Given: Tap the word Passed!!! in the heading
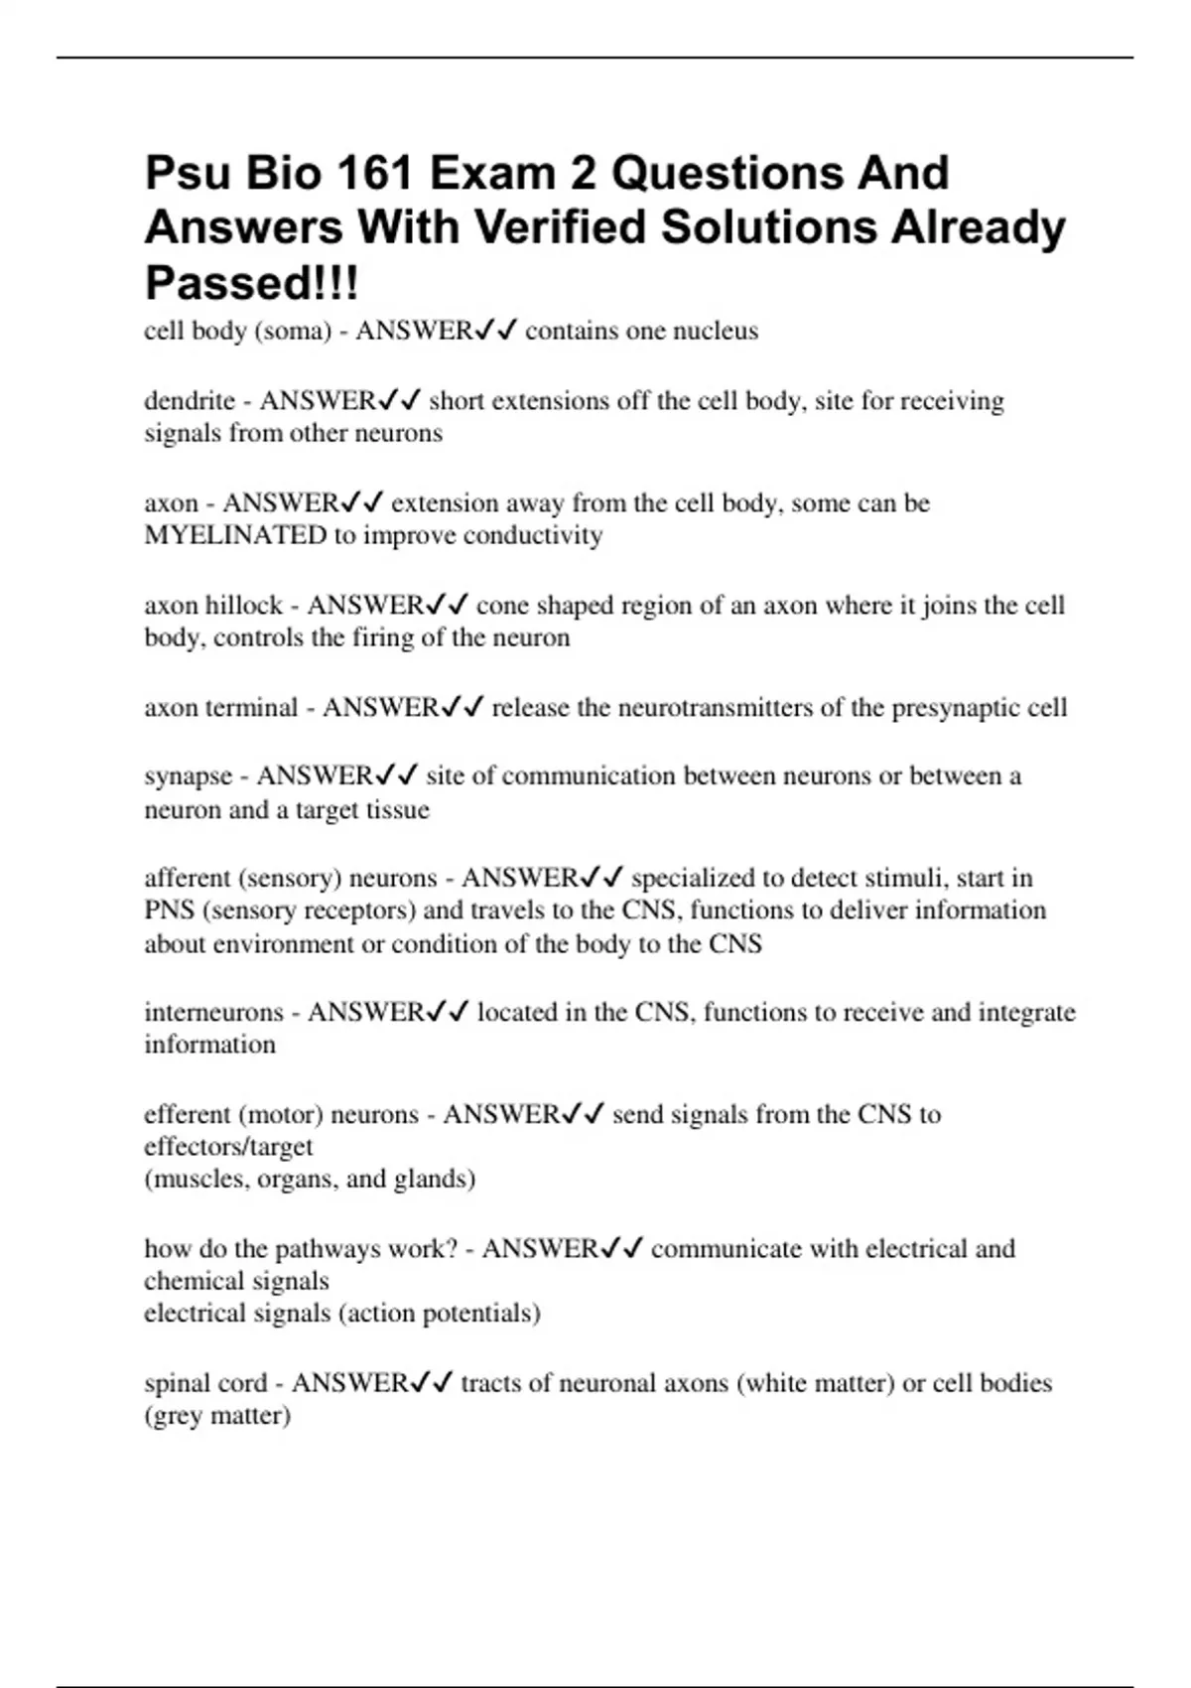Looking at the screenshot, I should pos(252,283).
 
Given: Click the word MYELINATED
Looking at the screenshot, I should pos(235,535).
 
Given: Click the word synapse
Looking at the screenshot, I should pos(188,775).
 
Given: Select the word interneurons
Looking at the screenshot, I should pos(212,1012).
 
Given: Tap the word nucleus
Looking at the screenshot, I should pos(716,331).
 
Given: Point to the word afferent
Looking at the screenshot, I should pos(187,878).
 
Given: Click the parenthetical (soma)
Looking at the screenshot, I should pos(292,331).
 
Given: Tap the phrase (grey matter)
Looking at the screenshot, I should pos(217,1415).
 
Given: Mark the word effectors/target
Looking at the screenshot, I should pos(228,1147).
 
